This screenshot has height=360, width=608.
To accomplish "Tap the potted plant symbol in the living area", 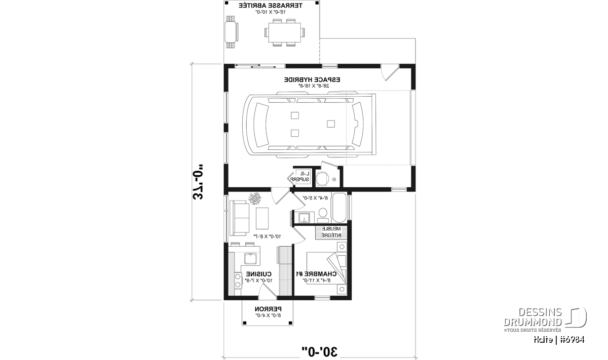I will tap(255, 197).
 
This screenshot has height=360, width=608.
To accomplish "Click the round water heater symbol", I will tap(323, 179).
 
